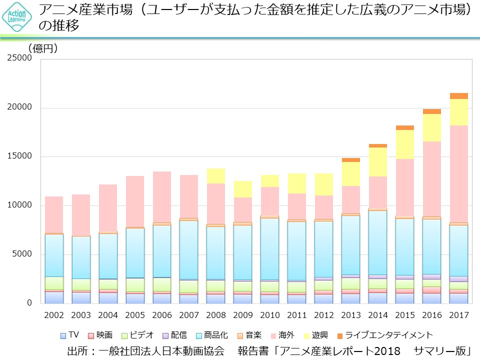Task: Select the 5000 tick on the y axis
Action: (22, 254)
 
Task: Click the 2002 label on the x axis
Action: (54, 316)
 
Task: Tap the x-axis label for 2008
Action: (215, 316)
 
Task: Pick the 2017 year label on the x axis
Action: (458, 316)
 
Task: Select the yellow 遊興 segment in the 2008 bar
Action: (215, 176)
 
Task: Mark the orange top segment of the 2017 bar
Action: (458, 96)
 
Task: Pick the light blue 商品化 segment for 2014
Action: (377, 242)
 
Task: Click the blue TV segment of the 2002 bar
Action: (54, 297)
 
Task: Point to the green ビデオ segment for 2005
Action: (135, 284)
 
